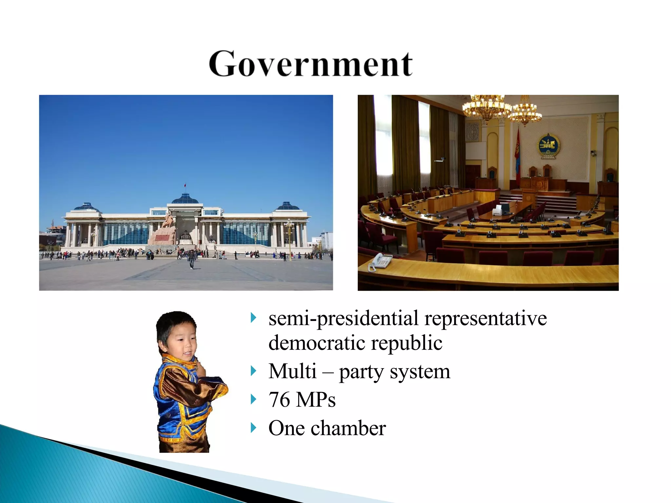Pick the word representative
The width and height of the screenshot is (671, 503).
[486, 318]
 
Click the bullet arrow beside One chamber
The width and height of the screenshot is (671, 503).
[253, 428]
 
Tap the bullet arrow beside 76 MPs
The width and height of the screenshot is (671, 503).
[253, 399]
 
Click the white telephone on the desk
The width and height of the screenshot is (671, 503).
[381, 261]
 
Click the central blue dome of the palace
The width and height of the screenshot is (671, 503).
[185, 198]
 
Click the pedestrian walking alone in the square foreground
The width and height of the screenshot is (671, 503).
[191, 259]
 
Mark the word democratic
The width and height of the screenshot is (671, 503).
[317, 343]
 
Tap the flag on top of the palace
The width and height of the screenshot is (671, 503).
[185, 186]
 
